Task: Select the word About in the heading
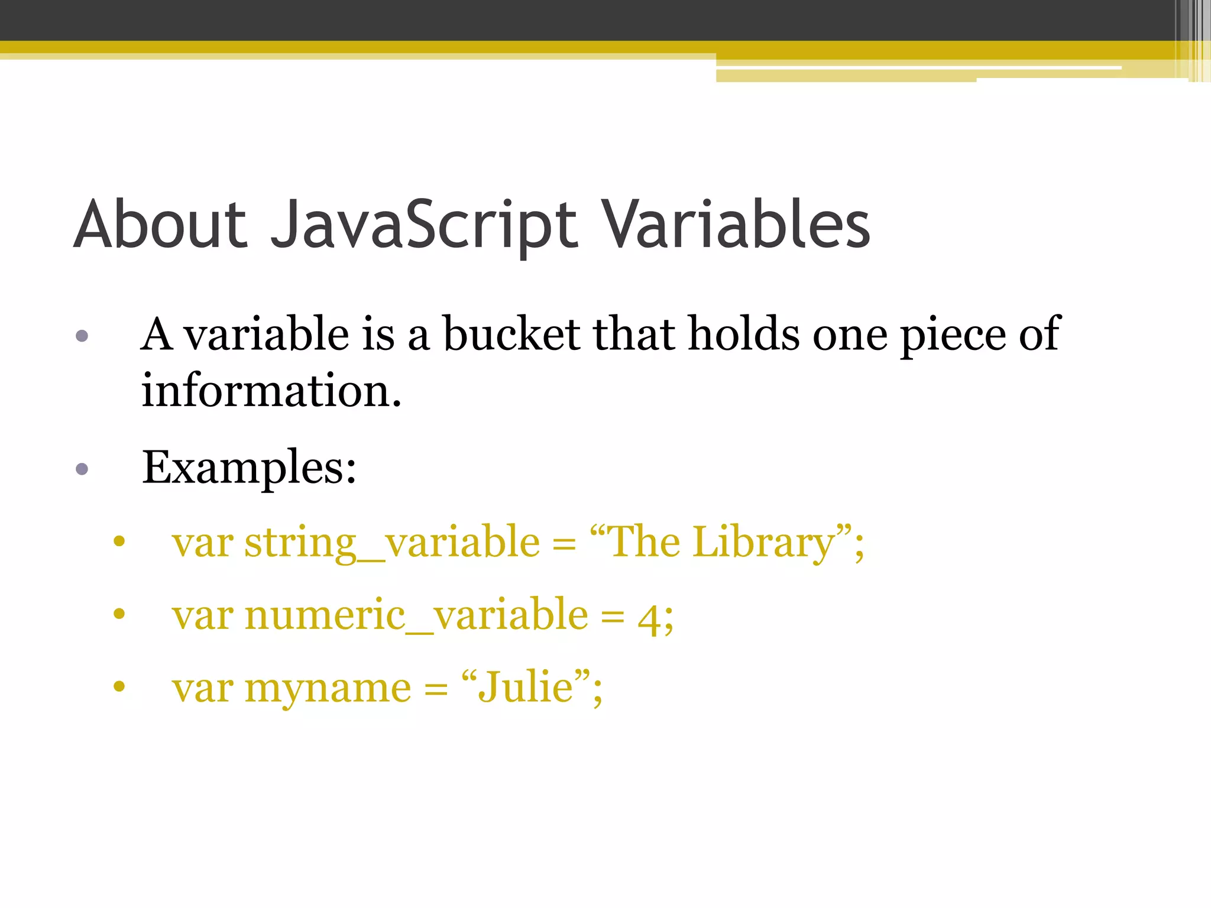(160, 225)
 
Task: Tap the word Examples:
(249, 468)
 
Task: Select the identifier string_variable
(392, 542)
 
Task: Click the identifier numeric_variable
(416, 615)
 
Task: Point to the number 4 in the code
(649, 618)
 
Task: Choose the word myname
(328, 688)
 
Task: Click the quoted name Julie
(526, 687)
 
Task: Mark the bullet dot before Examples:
(82, 469)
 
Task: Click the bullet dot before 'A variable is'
(82, 336)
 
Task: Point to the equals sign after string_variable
(564, 544)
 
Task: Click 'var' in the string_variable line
(202, 543)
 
